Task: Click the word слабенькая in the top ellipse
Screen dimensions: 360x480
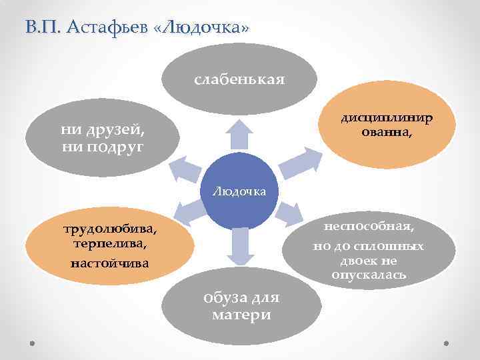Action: pos(239,80)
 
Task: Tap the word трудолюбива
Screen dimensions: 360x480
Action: pos(111,230)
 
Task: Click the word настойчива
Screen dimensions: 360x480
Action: pos(111,265)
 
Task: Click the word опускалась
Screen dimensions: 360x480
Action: pos(369,275)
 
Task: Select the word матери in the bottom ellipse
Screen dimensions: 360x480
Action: pos(241,315)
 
